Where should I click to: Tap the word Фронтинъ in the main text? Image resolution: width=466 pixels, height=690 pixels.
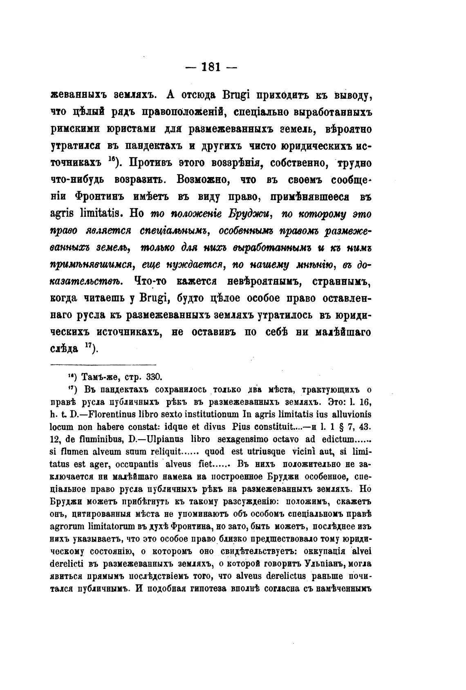tap(97, 196)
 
